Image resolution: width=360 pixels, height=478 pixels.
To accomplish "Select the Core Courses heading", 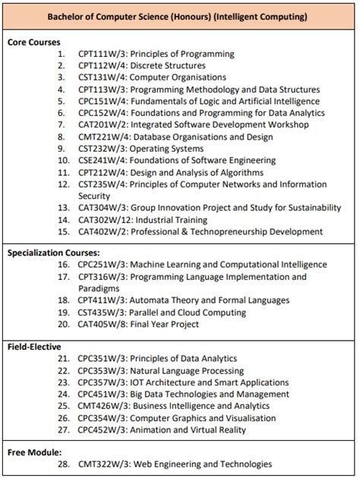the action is coord(34,42).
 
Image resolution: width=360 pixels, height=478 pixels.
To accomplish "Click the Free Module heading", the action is coord(34,452).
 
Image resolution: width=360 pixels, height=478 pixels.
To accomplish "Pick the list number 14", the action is coord(64,220).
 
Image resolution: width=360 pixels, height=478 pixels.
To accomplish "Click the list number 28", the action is coord(64,464).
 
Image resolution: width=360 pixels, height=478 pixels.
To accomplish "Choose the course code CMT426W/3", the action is coord(103,406).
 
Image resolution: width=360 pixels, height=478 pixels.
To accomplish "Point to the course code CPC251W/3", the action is coord(102,265).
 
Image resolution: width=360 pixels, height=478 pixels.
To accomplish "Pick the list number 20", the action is coord(64,325).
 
